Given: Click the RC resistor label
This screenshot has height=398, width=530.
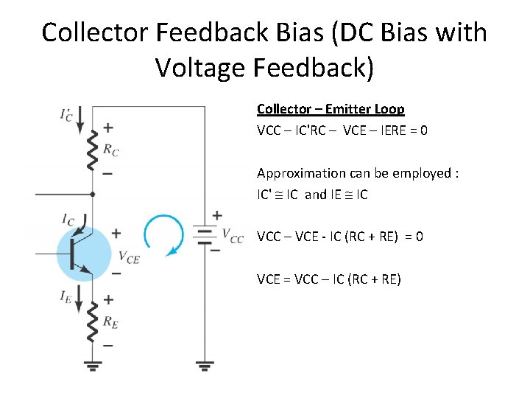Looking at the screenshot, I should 110,150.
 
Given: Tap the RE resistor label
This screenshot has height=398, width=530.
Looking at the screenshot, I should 110,322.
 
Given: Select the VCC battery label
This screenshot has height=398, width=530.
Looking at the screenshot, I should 233,237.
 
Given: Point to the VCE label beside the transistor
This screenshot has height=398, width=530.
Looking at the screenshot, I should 128,257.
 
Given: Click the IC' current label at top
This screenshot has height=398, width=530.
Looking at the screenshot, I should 67,115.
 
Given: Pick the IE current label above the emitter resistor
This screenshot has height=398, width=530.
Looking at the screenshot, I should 67,296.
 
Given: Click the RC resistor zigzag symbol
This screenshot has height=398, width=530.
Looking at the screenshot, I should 92,151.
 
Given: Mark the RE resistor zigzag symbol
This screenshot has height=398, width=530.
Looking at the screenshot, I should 92,322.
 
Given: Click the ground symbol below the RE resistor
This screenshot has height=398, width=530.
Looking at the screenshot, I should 92,364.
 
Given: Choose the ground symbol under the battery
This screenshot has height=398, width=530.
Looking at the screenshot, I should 205,364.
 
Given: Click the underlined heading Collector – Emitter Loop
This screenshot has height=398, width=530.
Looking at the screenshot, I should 331,109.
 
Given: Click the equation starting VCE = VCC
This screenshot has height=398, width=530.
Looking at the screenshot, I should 328,279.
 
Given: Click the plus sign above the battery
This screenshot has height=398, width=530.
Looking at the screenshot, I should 217,215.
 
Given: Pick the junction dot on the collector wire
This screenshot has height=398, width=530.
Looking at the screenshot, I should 92,195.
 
